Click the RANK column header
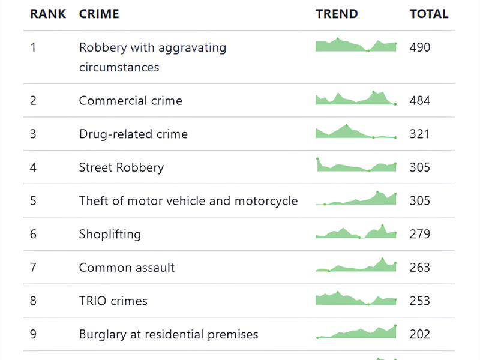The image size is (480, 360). click(x=48, y=14)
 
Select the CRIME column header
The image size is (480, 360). click(x=99, y=14)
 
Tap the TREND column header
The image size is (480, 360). click(x=337, y=14)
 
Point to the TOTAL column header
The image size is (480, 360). click(x=429, y=14)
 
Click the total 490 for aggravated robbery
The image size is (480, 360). click(x=419, y=47)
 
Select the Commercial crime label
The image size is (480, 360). click(x=130, y=100)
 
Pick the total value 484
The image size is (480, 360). click(x=419, y=100)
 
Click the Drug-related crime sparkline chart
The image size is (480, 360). click(x=356, y=131)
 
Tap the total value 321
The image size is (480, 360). click(x=419, y=134)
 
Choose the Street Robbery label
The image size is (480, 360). click(x=121, y=167)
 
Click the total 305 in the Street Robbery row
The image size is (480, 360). click(x=419, y=167)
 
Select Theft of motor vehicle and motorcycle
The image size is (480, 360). click(x=188, y=201)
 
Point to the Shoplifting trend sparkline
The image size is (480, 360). click(x=356, y=232)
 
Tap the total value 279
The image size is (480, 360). click(x=419, y=234)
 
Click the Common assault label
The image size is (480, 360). click(x=127, y=268)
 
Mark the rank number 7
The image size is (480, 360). click(x=33, y=268)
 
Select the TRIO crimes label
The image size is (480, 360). click(x=113, y=301)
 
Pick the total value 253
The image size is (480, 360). click(x=419, y=301)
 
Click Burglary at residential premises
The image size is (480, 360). click(x=169, y=334)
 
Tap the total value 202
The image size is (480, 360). click(x=419, y=334)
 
